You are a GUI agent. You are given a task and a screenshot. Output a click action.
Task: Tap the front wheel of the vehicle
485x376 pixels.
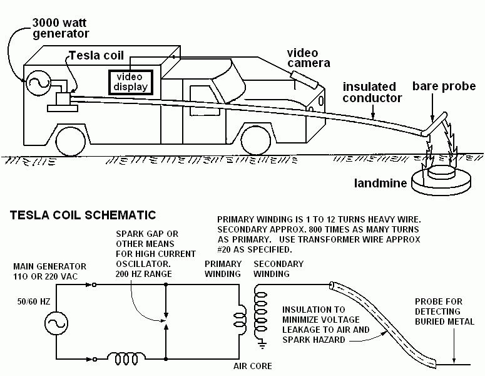pos(256,141)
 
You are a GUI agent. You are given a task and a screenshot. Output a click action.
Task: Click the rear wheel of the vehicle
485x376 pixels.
pos(71,142)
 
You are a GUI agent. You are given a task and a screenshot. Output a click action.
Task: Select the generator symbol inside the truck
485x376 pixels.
pos(38,82)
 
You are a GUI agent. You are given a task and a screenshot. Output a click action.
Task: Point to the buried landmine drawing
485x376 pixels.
pos(441,180)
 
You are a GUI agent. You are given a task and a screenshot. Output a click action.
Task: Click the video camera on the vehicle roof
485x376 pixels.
pos(304,80)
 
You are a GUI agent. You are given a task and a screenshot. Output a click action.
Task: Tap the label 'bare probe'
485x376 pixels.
pos(444,86)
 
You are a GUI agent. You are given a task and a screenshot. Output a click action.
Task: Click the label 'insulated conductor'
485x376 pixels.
pos(372,92)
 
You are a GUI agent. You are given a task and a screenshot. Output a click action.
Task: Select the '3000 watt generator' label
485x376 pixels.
pos(61,28)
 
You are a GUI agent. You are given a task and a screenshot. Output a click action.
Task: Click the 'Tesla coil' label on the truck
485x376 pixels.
pos(96,55)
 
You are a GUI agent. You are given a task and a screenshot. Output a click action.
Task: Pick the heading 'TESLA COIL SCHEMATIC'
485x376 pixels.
pos(83,215)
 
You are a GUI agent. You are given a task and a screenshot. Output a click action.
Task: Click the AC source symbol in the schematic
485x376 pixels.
pos(56,323)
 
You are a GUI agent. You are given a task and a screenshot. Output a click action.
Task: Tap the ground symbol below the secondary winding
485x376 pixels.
pos(262,343)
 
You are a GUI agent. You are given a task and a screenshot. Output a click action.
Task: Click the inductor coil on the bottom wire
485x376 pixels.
pos(126,358)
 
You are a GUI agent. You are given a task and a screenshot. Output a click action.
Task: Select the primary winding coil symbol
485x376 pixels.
pos(240,320)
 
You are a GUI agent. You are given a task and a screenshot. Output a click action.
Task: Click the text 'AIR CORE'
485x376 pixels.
pos(253,367)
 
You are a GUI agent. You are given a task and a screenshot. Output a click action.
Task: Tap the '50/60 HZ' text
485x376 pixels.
pos(34,301)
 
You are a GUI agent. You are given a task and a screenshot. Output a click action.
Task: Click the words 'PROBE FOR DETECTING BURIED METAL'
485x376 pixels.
pos(444,311)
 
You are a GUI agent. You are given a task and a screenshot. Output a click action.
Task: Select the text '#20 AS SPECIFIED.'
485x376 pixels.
pos(255,249)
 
